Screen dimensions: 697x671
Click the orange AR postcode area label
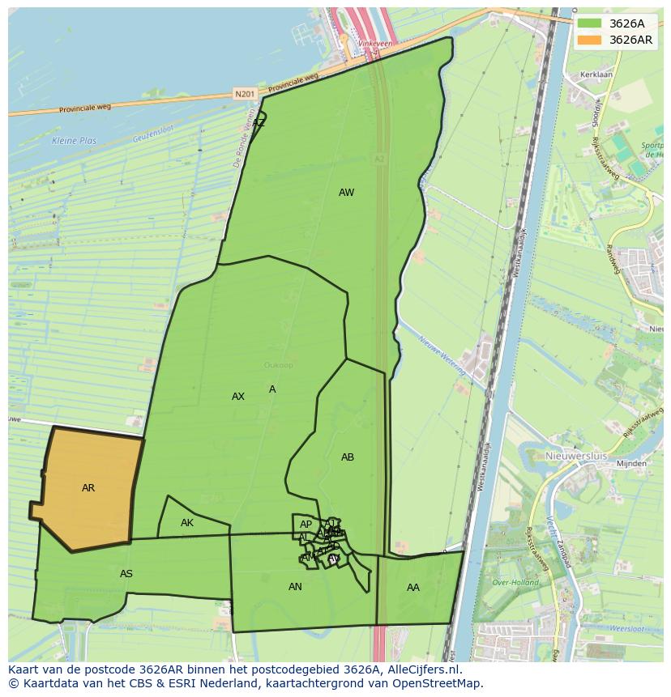(x=88, y=488)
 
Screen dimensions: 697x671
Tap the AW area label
(x=346, y=193)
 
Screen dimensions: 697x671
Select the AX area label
(x=237, y=397)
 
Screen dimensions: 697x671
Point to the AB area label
(x=347, y=457)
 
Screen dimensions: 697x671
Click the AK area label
(x=187, y=523)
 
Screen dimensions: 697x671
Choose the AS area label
(x=126, y=574)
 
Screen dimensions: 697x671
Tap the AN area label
(x=295, y=587)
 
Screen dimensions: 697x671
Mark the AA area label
(x=413, y=588)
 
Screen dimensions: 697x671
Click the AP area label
(x=306, y=525)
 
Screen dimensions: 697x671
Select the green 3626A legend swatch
(x=589, y=24)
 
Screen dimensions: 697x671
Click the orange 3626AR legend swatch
(x=589, y=40)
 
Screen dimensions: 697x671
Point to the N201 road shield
(x=244, y=95)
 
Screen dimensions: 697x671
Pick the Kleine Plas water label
(x=74, y=141)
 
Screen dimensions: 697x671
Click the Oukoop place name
(x=278, y=365)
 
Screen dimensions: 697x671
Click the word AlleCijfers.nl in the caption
(x=421, y=669)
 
